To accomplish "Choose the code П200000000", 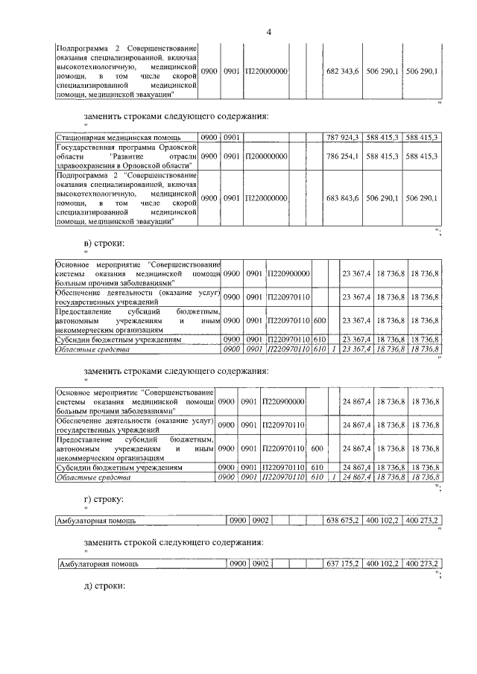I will tap(266, 156).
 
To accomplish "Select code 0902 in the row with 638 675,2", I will tap(260, 520).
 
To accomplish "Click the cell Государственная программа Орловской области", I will tap(127, 156).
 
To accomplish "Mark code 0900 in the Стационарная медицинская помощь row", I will tap(210, 137).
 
